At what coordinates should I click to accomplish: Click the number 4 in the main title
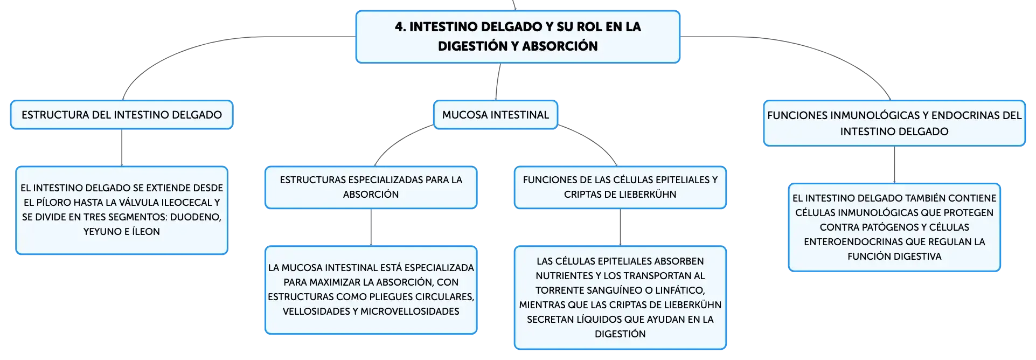coord(399,27)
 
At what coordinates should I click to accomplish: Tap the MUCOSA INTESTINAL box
coord(496,115)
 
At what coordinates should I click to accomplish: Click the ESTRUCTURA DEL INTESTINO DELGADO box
coord(122,115)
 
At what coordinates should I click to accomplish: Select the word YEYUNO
coord(102,232)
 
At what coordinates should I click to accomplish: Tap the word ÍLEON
coord(146,232)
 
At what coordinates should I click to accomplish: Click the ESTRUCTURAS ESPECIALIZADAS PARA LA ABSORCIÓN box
coord(371,188)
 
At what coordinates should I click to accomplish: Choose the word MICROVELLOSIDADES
coord(410,311)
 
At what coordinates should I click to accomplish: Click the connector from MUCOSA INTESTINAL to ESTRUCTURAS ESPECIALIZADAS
coord(398,141)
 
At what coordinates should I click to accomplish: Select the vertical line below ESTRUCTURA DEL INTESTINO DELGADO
coord(122,148)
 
